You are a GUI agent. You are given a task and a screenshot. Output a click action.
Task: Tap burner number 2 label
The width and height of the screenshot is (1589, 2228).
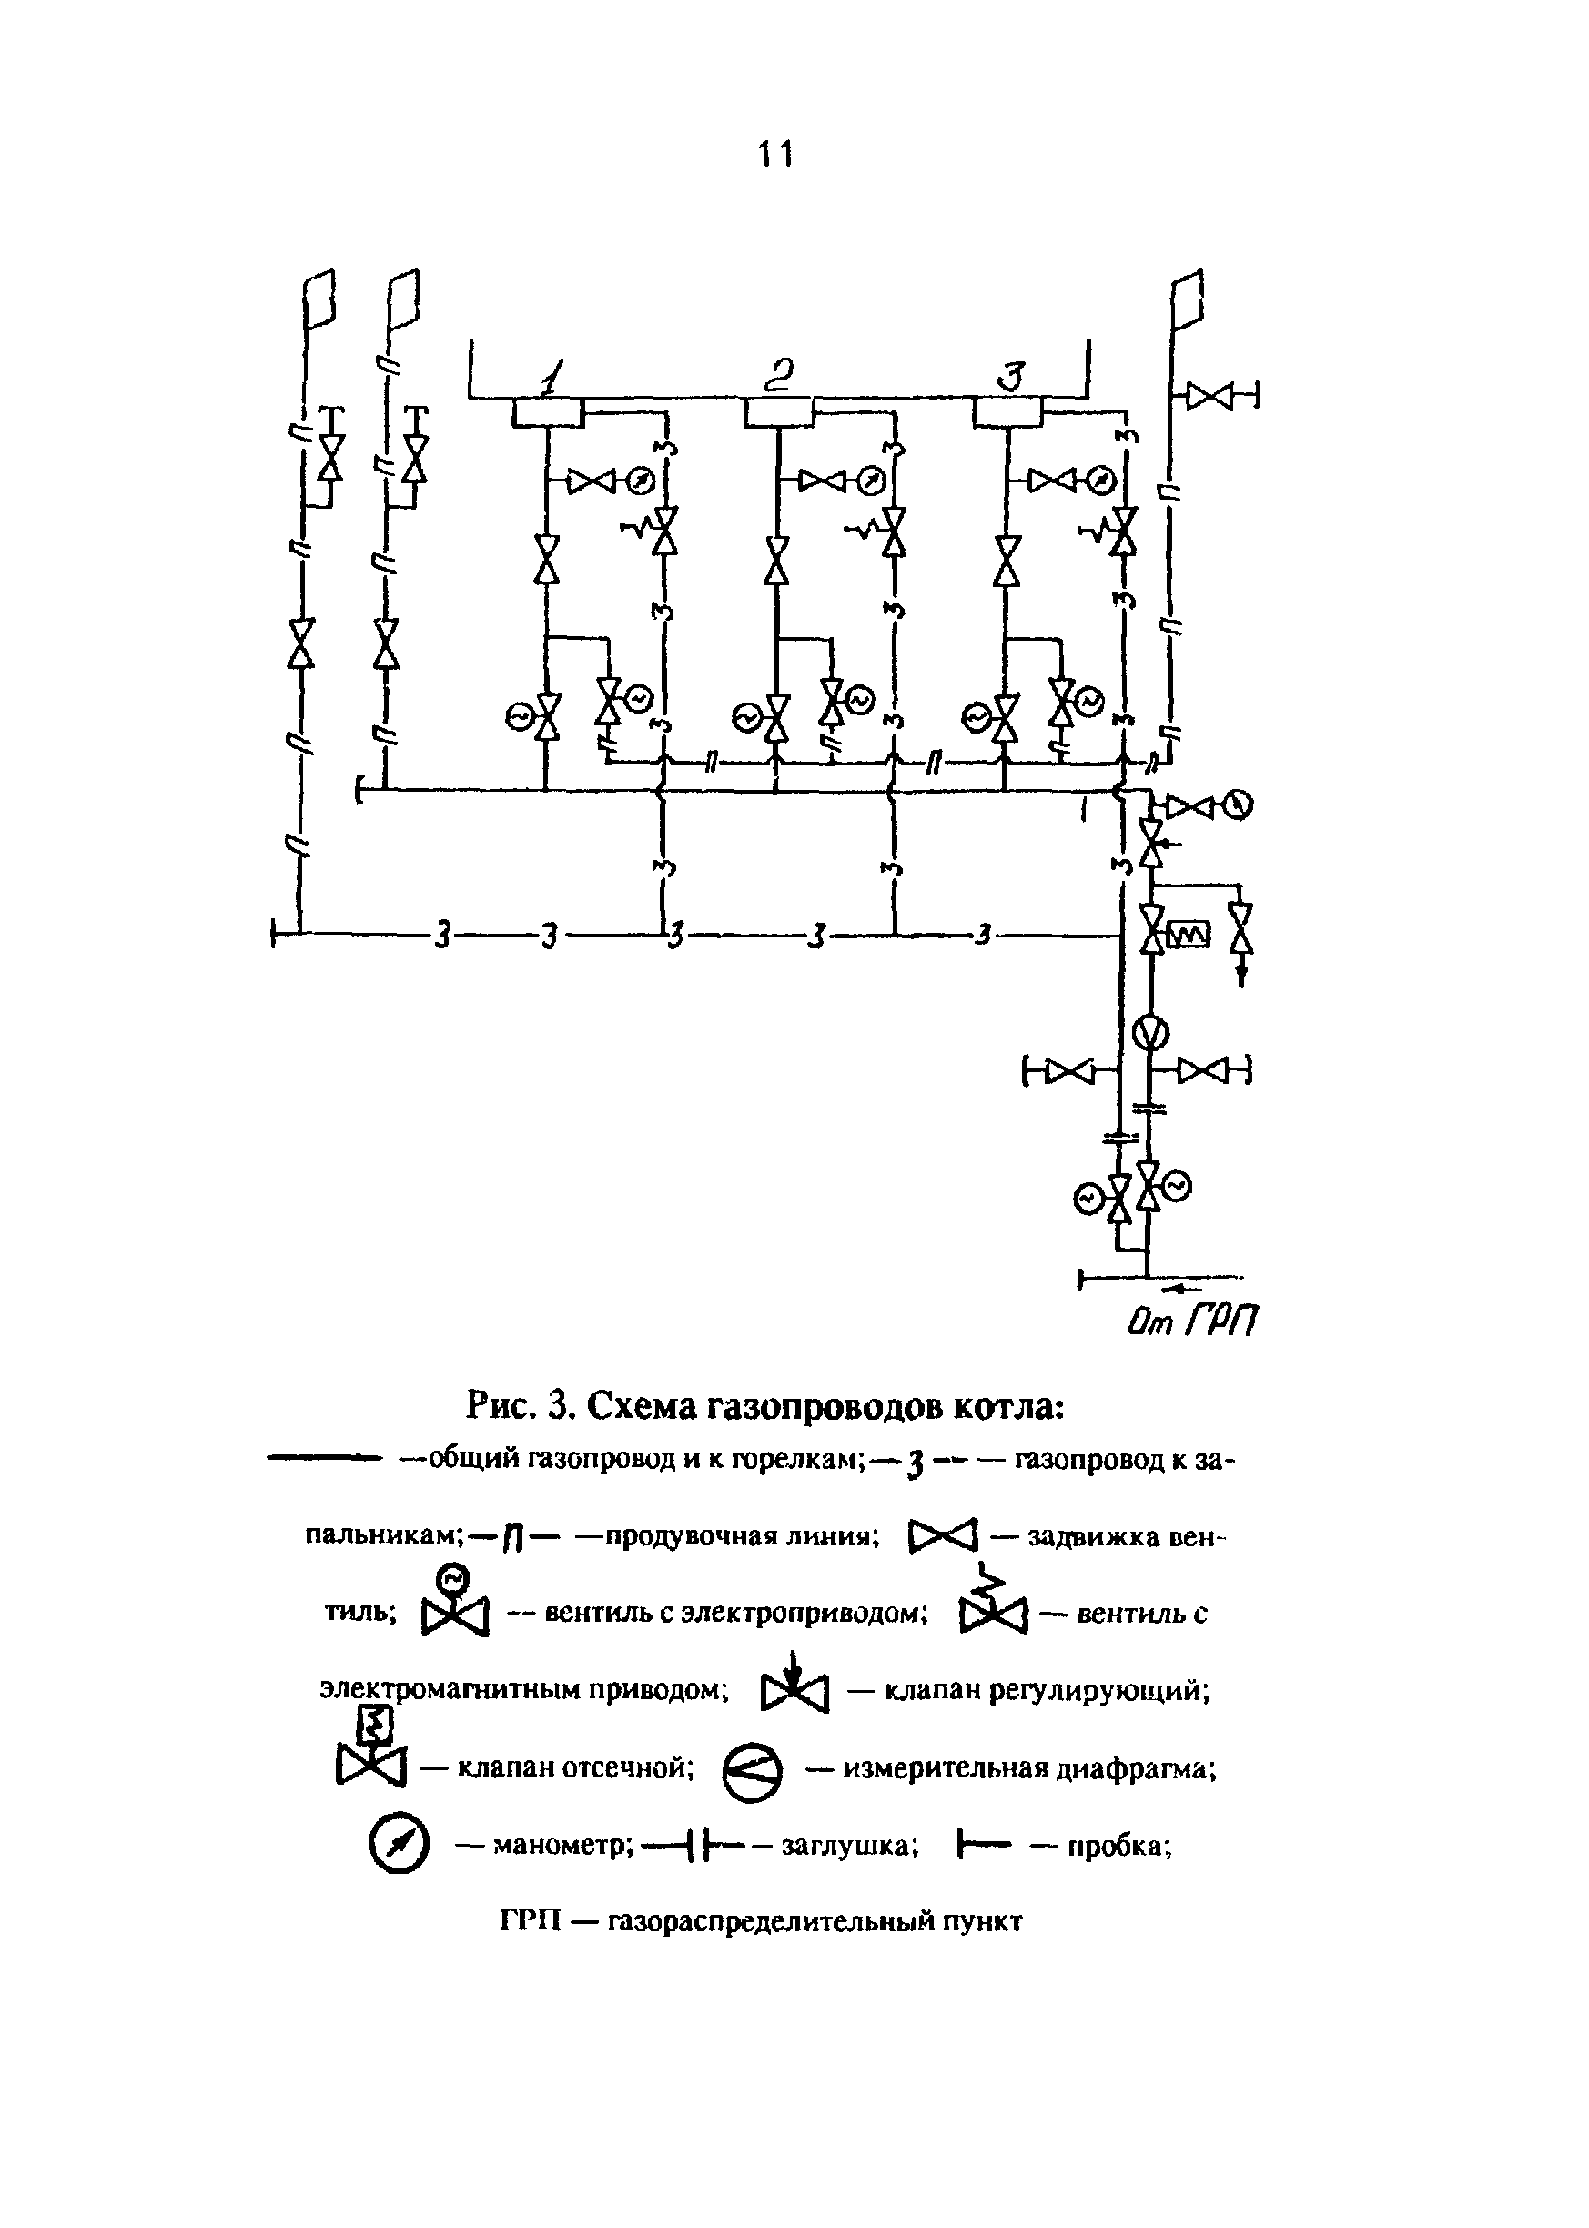(x=781, y=375)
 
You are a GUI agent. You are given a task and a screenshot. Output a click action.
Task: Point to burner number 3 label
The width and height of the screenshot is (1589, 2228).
(x=1014, y=377)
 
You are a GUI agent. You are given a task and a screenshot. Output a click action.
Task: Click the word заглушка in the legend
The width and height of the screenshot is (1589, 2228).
(x=848, y=1846)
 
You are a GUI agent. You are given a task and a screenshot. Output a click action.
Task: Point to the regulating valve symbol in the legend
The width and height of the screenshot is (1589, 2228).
(x=794, y=1686)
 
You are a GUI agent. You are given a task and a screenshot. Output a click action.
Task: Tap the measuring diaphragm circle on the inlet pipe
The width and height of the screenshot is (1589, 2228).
(x=1151, y=1032)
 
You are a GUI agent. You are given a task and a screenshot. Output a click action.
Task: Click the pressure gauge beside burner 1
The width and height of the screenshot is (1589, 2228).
(x=640, y=481)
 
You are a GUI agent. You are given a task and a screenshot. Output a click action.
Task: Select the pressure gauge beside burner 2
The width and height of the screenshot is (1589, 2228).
(x=870, y=481)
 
